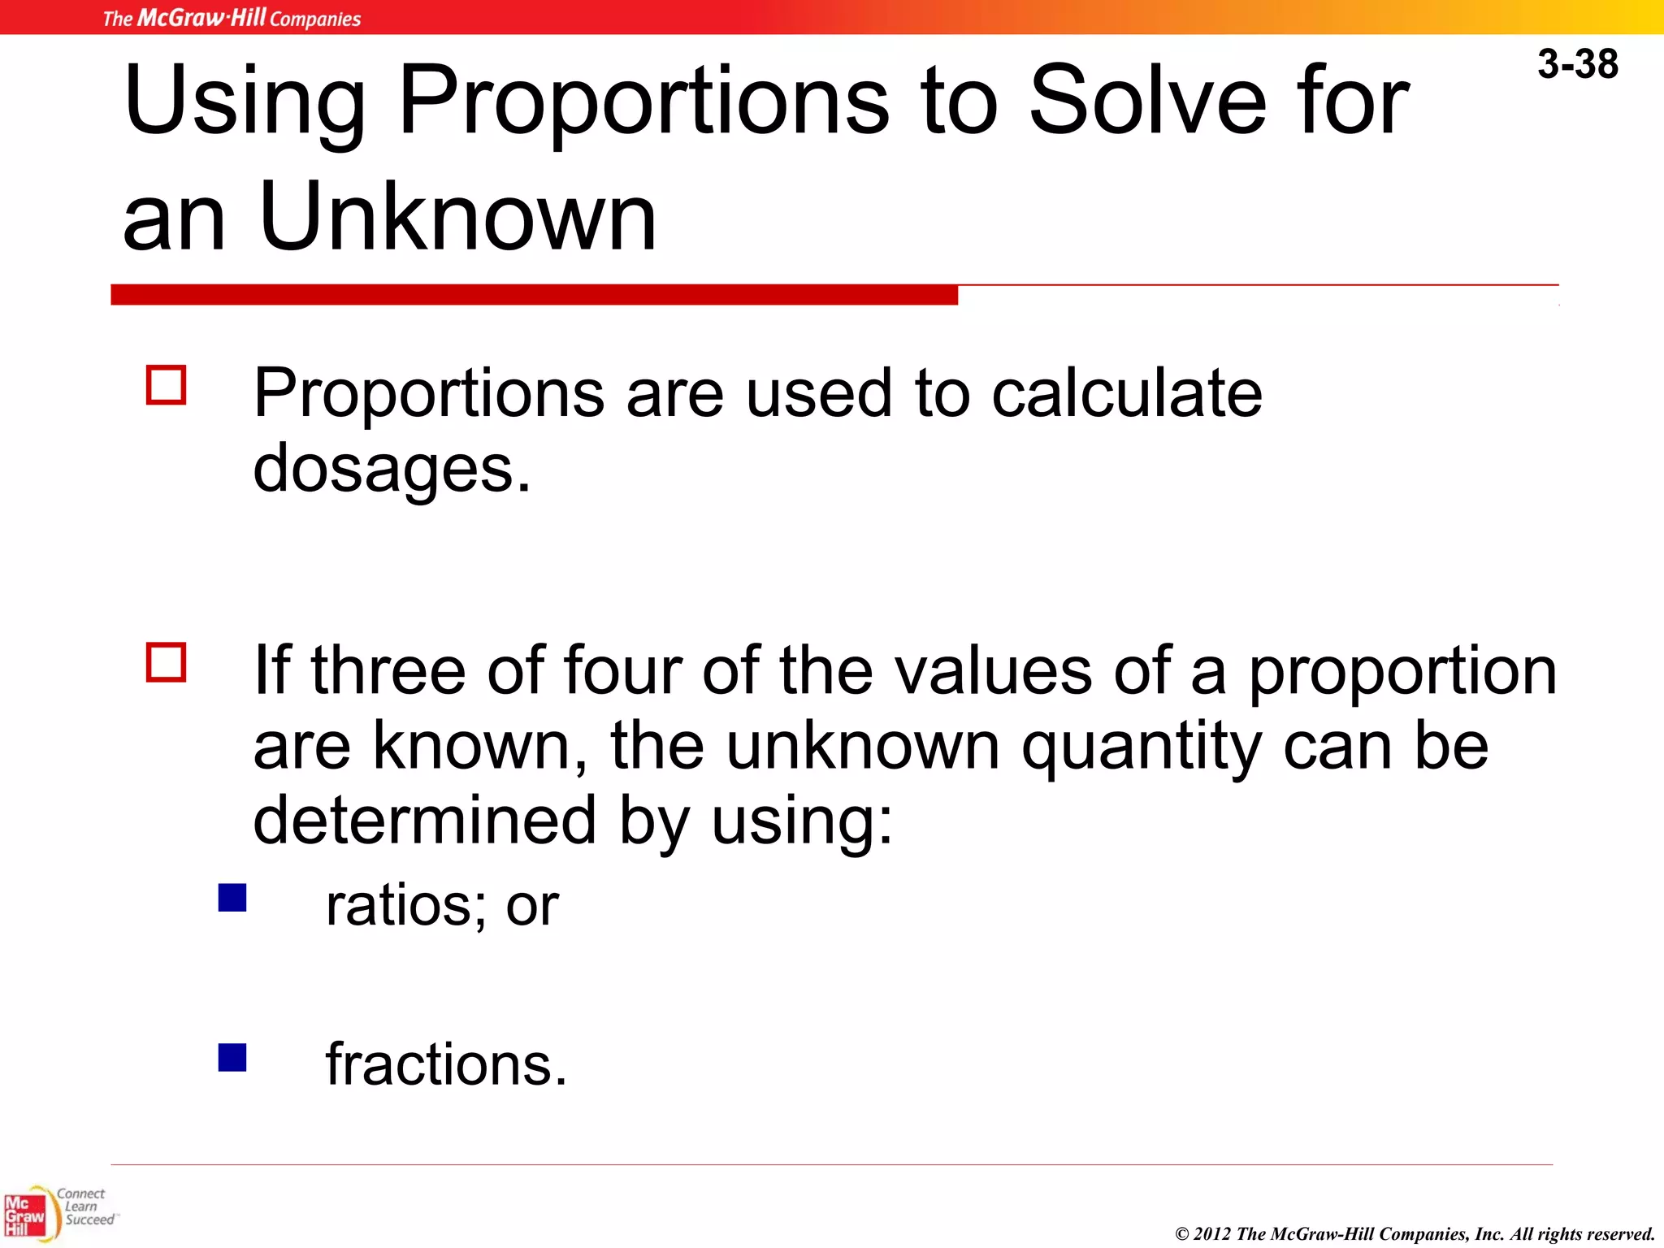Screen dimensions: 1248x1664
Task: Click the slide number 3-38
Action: [x=1577, y=64]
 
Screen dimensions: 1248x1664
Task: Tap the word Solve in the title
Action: [x=1146, y=101]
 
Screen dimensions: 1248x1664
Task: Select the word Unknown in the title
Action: [x=457, y=217]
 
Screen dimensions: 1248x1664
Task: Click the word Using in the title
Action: [x=244, y=102]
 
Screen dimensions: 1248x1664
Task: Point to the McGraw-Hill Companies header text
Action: [x=232, y=18]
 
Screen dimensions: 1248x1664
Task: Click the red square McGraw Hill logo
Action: [x=24, y=1215]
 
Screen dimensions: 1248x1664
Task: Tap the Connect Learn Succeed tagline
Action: [x=86, y=1207]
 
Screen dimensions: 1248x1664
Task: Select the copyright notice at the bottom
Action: [x=1415, y=1234]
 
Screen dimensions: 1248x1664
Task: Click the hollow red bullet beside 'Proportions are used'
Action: [x=167, y=384]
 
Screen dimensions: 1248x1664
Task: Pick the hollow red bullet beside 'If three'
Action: [x=167, y=661]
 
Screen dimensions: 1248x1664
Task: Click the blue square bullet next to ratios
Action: [x=232, y=898]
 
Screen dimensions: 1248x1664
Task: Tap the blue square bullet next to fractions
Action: [x=232, y=1057]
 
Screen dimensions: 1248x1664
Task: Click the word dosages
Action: [x=392, y=470]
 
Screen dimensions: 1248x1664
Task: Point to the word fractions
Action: [x=445, y=1064]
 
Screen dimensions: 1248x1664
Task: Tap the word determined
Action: [x=425, y=820]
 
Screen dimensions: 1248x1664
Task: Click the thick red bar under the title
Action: [x=534, y=294]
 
